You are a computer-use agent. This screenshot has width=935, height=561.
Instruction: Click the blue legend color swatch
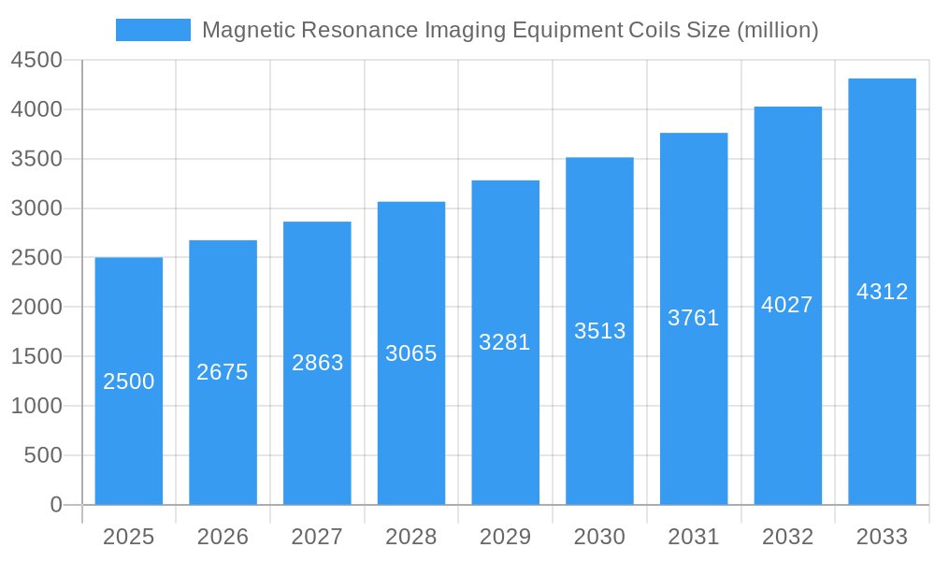(x=152, y=30)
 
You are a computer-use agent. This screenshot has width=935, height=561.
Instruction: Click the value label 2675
(x=223, y=372)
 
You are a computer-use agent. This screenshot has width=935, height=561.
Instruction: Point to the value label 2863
(x=317, y=363)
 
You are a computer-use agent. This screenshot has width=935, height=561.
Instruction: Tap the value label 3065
(x=411, y=353)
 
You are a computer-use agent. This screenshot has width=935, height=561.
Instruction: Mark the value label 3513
(x=599, y=331)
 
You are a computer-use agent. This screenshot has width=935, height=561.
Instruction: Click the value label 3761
(x=694, y=318)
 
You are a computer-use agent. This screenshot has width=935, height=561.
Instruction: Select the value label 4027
(x=787, y=305)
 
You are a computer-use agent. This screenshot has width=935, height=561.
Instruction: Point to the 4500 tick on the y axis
(x=36, y=61)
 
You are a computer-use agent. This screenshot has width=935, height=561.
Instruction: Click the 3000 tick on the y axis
(x=36, y=209)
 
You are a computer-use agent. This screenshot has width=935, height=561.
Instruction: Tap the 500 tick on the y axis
(x=42, y=455)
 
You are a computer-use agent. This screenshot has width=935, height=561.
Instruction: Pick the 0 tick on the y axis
(x=55, y=505)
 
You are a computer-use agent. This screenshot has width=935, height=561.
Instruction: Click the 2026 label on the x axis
(x=223, y=537)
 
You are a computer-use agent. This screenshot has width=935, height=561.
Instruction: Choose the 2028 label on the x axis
(x=411, y=537)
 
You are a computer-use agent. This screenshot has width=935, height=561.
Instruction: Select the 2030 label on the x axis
(x=599, y=537)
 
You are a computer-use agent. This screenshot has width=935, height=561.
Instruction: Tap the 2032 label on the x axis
(x=787, y=537)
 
